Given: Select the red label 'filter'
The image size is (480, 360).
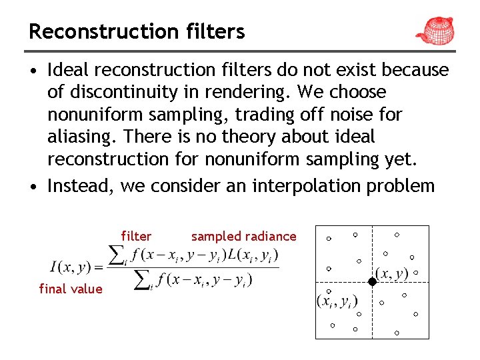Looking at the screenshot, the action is [136, 236].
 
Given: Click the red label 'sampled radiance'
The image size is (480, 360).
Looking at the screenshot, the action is [243, 236].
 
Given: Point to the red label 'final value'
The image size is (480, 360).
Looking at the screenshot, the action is [71, 289].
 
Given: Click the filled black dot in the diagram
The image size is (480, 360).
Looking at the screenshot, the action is [372, 282].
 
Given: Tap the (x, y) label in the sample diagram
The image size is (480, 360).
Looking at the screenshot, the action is [391, 273].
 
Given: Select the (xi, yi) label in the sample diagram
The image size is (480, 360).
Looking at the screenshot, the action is [337, 301].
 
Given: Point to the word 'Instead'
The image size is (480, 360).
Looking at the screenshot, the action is [81, 185].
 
